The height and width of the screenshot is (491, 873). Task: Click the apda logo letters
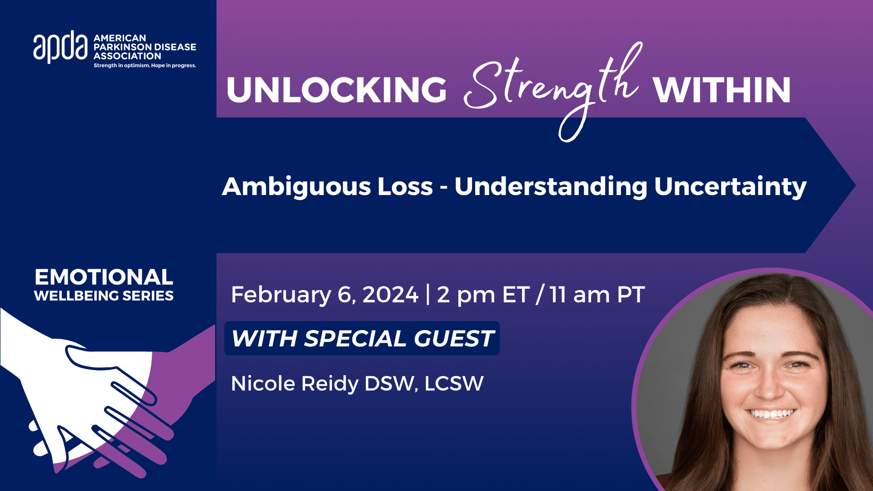click(60, 47)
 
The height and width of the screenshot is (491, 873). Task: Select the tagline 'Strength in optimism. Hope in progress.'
click(145, 65)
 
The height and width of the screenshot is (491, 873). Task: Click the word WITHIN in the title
click(722, 90)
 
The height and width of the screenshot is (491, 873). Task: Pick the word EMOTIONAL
click(104, 277)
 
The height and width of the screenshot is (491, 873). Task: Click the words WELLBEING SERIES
click(104, 296)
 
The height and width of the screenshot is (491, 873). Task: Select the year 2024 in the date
click(390, 295)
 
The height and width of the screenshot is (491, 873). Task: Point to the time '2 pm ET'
click(483, 295)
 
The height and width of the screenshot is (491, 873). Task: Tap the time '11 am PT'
click(597, 295)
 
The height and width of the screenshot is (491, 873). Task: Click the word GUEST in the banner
click(453, 339)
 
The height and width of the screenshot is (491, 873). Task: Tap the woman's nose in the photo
click(768, 386)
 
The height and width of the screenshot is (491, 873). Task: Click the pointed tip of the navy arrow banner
click(855, 185)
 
